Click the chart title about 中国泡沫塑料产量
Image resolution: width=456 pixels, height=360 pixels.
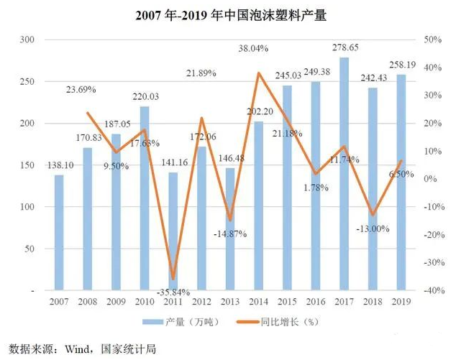[x=227, y=14]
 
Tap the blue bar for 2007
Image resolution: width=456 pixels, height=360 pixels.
[x=59, y=233]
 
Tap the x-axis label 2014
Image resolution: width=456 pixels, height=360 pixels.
[x=258, y=302]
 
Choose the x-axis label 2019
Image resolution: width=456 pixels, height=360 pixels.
[x=401, y=302]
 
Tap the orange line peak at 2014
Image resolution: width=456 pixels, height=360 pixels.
[x=258, y=73]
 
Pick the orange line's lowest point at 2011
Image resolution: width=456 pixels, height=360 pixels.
[x=173, y=279]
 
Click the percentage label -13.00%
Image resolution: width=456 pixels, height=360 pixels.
[x=371, y=229]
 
